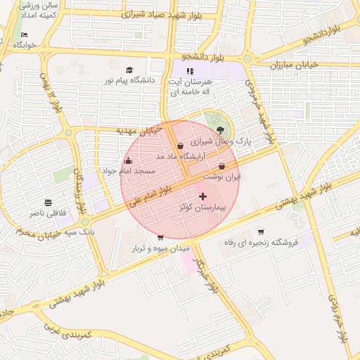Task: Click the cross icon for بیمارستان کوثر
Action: (x=203, y=196)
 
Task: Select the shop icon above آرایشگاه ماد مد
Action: (x=181, y=146)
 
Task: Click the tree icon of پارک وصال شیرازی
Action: (x=221, y=129)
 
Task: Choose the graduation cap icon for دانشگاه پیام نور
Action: (x=129, y=70)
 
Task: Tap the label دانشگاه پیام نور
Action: (x=129, y=81)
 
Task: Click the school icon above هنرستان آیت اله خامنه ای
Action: (x=189, y=70)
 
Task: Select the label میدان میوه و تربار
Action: (x=161, y=249)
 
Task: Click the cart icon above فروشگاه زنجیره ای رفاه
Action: (x=261, y=231)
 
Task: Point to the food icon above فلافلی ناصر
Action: (x=48, y=201)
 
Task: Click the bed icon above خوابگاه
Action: (x=25, y=34)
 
